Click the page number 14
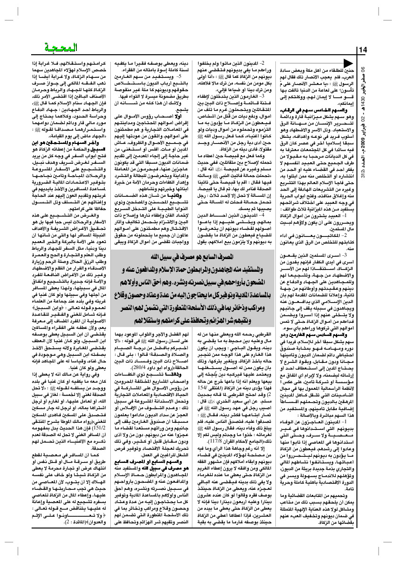point(363,50)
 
